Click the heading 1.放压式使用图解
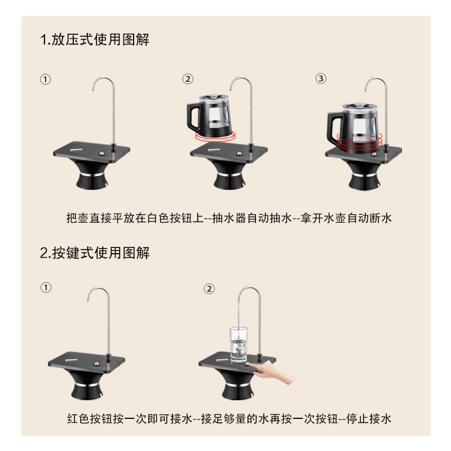tap(95, 40)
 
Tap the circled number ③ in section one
tap(321, 78)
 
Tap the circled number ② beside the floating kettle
tap(188, 79)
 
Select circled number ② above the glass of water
tap(209, 289)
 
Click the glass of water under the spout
tap(238, 345)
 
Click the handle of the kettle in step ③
tap(332, 127)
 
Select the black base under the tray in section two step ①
tap(87, 389)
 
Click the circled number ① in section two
tap(46, 288)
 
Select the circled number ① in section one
tap(46, 79)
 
